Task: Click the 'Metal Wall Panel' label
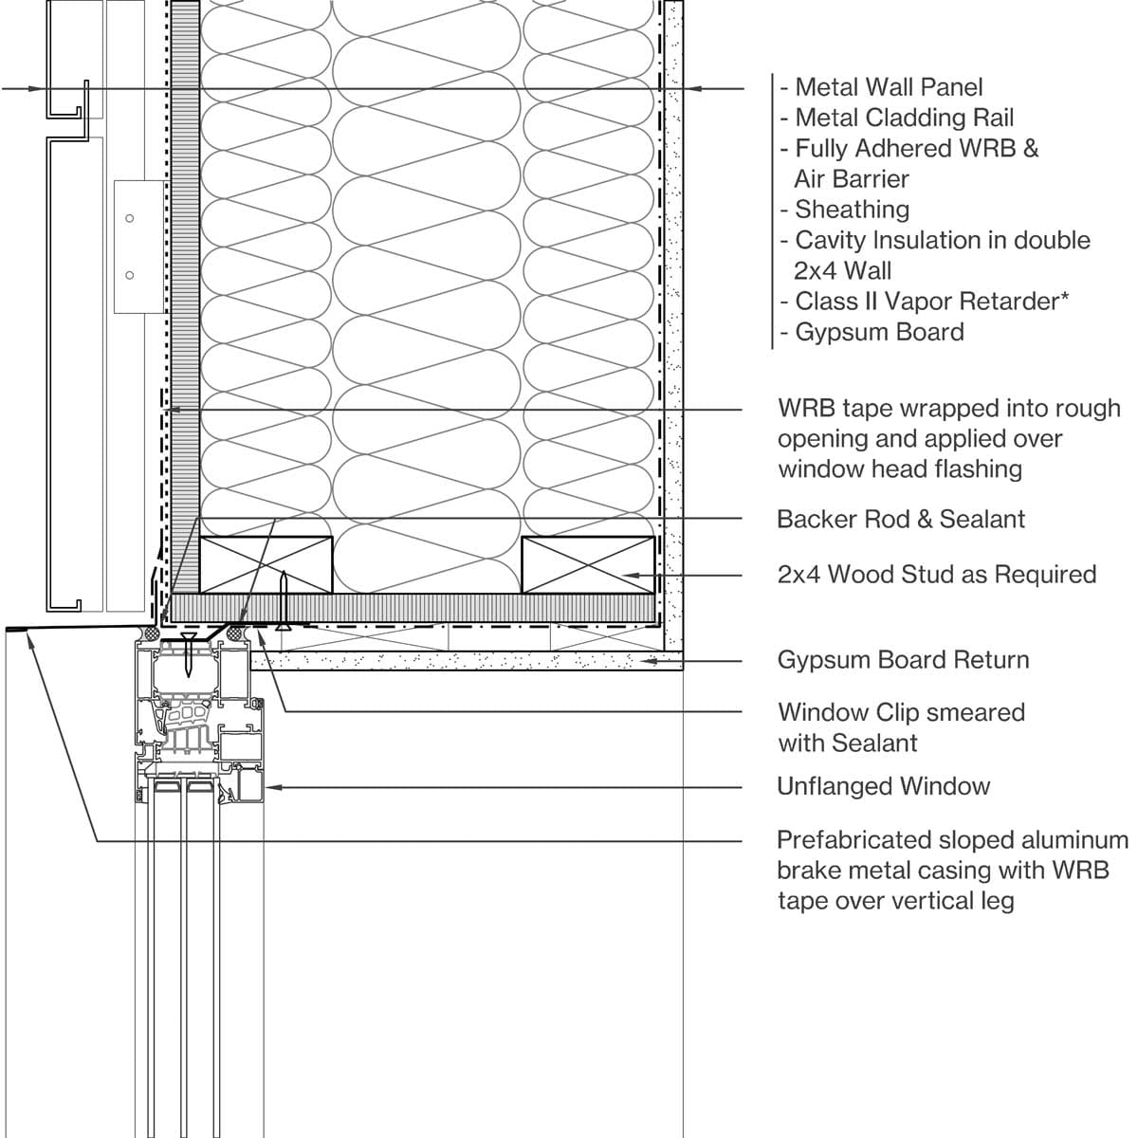coord(889,87)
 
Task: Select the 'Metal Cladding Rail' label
coord(904,118)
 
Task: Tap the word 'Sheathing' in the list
coord(852,209)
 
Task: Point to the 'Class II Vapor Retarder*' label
coord(931,301)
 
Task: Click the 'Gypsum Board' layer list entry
coord(879,332)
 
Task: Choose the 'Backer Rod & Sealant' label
coord(900,519)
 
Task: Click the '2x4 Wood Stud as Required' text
coord(936,574)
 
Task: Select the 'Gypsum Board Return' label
coord(902,659)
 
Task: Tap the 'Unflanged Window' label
coord(883,786)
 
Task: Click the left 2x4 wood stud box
coord(266,564)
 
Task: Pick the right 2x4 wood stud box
coord(588,564)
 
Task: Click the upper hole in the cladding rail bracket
coord(130,219)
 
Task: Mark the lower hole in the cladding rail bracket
coord(130,276)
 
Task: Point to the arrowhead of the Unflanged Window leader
coord(272,787)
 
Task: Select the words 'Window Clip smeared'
coord(901,712)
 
